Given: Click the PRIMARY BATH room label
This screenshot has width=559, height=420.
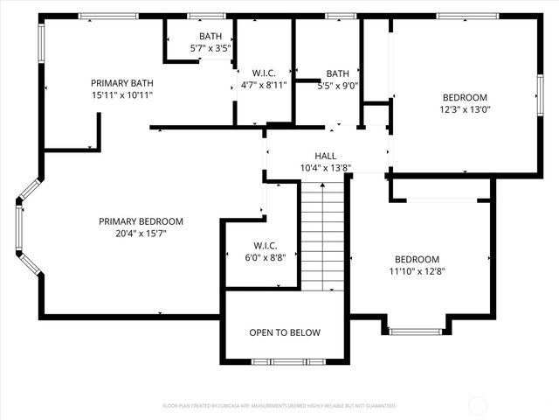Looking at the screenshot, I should (121, 82).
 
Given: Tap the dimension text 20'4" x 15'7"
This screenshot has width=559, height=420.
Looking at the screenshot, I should (141, 234).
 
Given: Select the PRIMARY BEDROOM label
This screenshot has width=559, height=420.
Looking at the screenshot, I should (141, 221).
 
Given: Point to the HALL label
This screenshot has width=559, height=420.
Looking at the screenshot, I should (325, 156).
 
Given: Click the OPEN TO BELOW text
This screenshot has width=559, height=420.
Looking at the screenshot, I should (285, 332).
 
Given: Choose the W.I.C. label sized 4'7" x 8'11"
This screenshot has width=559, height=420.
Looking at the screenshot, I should (265, 72).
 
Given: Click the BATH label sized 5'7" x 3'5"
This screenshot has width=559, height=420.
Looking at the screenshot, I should (210, 36).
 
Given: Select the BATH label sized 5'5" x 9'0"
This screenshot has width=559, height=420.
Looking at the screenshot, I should (337, 73).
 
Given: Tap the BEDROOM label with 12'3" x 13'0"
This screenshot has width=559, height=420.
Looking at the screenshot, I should (465, 97).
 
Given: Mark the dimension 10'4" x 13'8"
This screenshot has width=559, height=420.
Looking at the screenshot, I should (325, 168).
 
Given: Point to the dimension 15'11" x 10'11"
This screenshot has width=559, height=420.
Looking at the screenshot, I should (121, 94).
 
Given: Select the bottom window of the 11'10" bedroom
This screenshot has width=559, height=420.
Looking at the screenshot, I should (416, 332).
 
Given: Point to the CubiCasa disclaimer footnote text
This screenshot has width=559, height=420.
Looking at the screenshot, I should (279, 406).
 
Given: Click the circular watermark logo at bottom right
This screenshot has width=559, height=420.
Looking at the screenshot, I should (479, 404).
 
